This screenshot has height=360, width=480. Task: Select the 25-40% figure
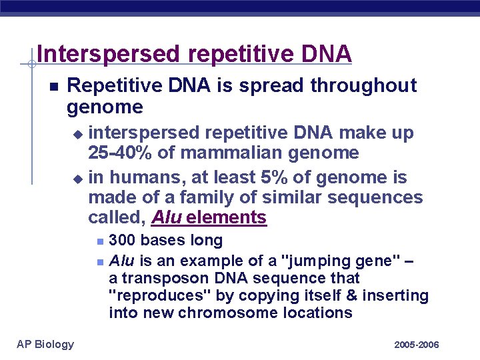coord(118,153)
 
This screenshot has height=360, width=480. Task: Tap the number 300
coord(121,241)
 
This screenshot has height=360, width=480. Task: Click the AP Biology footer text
coord(45,344)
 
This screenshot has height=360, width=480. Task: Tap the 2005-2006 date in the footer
coord(417,345)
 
